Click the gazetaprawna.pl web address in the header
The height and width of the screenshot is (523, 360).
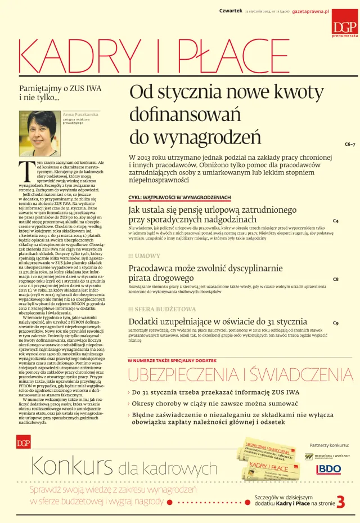click(309, 11)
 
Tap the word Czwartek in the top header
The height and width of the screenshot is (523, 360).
click(231, 11)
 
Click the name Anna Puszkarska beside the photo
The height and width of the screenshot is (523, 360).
click(80, 114)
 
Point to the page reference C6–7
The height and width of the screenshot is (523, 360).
click(349, 144)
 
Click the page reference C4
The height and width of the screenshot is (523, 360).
click(336, 221)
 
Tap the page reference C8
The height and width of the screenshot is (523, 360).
click(336, 279)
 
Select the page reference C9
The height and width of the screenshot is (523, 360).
click(336, 323)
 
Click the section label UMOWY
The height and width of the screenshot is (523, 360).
click(147, 256)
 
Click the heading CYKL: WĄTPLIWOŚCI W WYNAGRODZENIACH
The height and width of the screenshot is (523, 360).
click(179, 198)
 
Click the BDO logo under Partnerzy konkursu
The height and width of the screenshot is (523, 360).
click(329, 469)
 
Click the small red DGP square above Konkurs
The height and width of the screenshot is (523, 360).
click(24, 443)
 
